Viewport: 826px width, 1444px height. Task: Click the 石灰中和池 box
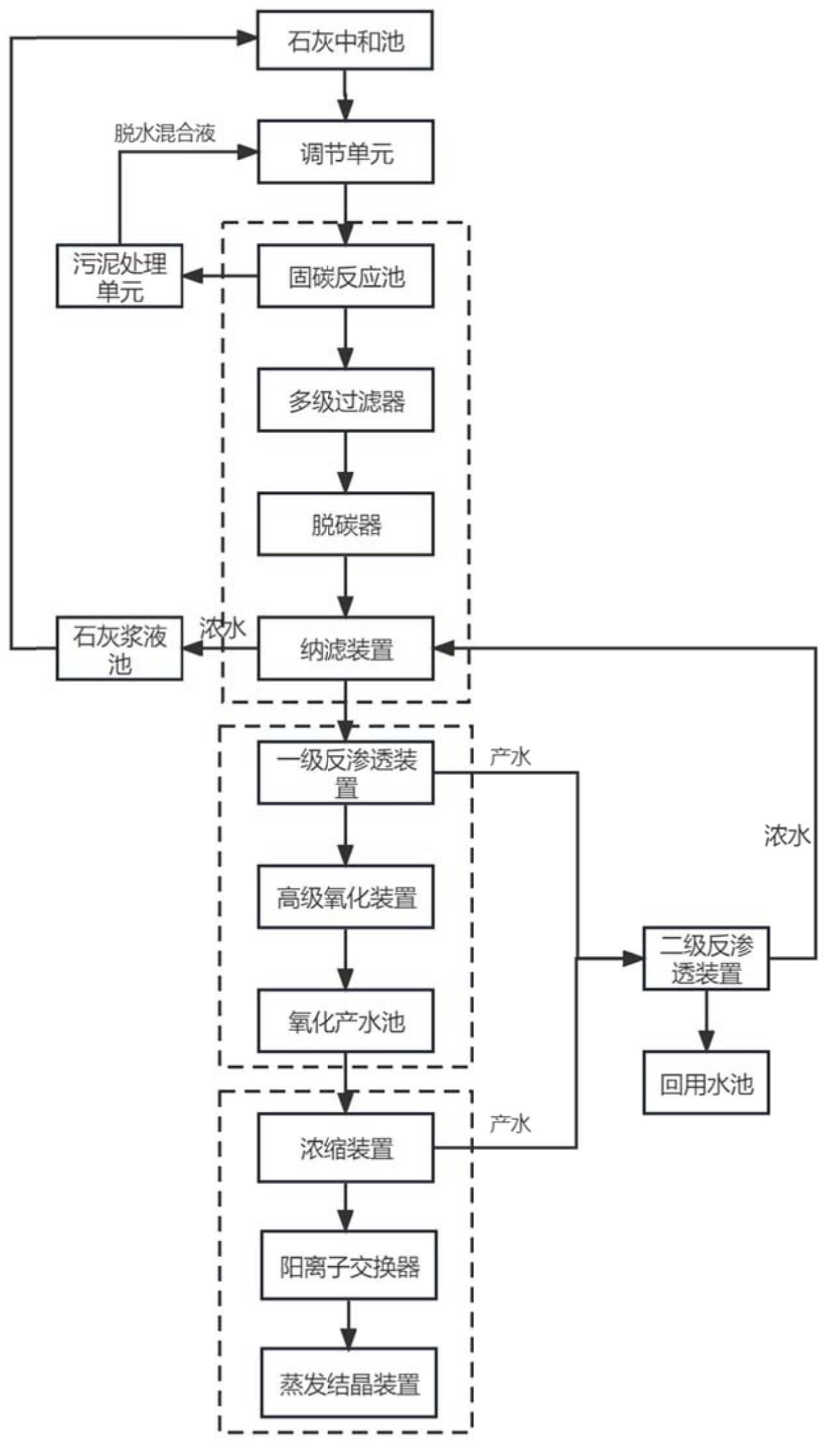click(345, 40)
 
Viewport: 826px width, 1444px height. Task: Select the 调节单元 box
click(346, 152)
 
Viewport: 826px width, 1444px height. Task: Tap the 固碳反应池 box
click(346, 276)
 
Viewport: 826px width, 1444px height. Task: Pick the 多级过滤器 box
click(346, 400)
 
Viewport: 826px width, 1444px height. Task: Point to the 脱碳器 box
click(346, 524)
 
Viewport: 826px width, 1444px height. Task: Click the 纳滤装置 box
click(346, 649)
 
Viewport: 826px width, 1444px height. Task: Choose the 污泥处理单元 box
click(119, 276)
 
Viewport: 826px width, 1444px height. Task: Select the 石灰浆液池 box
click(119, 649)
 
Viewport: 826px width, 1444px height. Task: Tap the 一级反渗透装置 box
click(346, 772)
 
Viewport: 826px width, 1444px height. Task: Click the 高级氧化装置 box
click(346, 897)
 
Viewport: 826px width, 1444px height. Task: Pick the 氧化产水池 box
click(346, 1021)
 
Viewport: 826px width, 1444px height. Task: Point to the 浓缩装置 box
click(346, 1148)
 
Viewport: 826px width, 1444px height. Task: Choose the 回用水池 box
click(706, 1083)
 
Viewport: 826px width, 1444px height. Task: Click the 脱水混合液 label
click(165, 134)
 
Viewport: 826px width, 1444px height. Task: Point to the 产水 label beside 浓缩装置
click(510, 1124)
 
